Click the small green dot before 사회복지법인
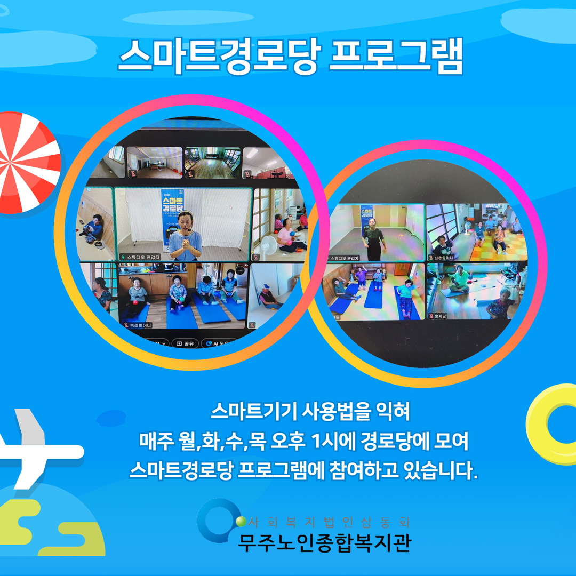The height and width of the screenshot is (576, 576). (x=241, y=521)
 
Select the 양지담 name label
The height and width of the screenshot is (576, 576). (x=440, y=316)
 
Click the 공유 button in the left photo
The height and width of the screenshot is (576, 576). (x=186, y=343)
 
